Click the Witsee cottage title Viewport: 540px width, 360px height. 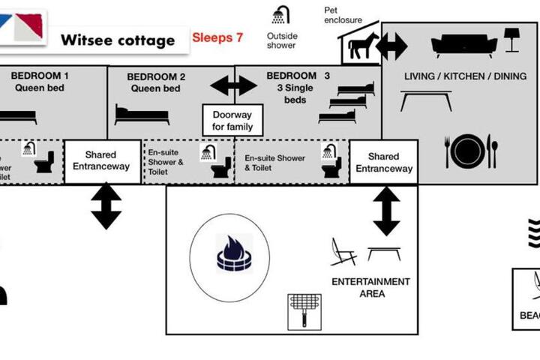pos(117,40)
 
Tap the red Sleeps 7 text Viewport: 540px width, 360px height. pos(217,37)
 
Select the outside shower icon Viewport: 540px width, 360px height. pos(281,15)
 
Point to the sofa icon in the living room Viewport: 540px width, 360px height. pos(463,45)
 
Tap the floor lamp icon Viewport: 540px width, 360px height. pos(512,40)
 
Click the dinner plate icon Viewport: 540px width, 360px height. pos(468,151)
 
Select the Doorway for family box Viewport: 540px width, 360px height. pos(232,120)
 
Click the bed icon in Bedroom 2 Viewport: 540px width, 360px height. pos(142,114)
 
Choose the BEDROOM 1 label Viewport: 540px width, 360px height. pos(40,76)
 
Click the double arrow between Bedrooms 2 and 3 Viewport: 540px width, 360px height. pos(234,85)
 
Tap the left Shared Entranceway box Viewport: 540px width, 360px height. pos(102,161)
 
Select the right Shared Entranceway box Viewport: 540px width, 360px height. pos(383,162)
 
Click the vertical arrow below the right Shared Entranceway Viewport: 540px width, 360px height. pos(387,211)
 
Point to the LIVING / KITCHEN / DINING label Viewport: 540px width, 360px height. pos(465,76)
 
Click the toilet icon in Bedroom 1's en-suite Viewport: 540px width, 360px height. pos(44,161)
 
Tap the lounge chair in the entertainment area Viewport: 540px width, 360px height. pos(343,252)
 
